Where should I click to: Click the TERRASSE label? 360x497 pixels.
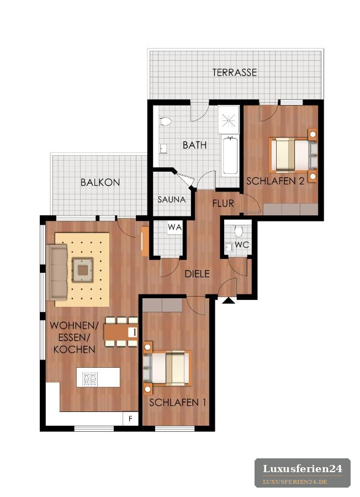pos(235,72)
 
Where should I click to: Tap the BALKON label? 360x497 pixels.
pos(100,182)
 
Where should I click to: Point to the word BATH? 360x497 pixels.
pos(194,145)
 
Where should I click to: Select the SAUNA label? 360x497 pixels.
pos(172,199)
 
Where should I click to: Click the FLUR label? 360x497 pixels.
pos(223,203)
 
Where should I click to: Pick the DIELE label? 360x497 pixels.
pos(197,273)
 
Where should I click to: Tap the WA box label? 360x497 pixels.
pos(174,228)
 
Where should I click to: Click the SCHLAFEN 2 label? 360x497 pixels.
pos(276,181)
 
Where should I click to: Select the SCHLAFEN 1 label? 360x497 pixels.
pos(177,402)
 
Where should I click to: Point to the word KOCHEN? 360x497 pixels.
pos(74,350)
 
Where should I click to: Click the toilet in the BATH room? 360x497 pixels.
pos(165,121)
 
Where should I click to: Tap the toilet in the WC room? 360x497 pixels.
pos(239,231)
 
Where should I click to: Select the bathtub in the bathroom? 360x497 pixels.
pos(230,155)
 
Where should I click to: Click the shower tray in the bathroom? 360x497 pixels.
pos(228,120)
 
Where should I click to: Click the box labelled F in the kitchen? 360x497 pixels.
pos(130,419)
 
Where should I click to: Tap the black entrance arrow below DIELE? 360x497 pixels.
pos(229,300)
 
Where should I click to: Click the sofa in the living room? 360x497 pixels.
pos(57,272)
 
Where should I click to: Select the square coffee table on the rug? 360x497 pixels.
pos(83,270)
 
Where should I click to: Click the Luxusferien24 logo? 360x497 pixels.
pos(303,473)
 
